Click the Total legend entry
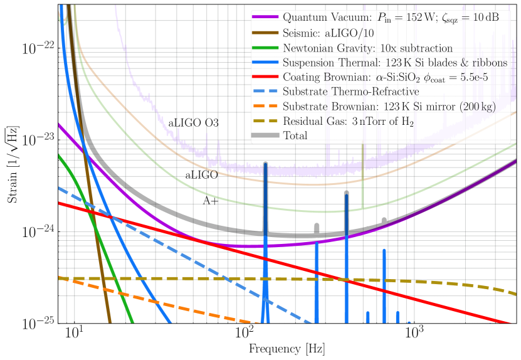click(x=295, y=135)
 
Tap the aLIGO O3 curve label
click(x=193, y=122)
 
